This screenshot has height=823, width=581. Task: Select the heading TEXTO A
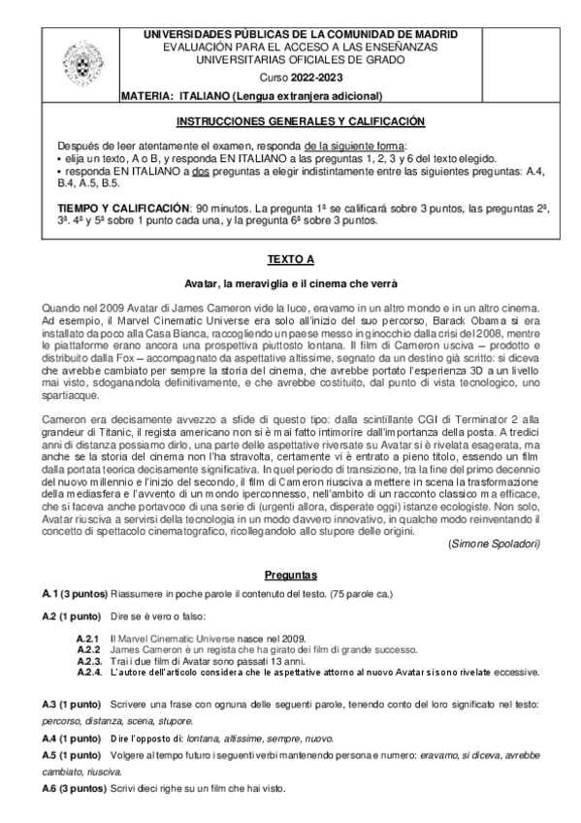(289, 260)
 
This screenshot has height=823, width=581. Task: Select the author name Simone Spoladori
(496, 545)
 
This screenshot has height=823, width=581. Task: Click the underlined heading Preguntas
(289, 575)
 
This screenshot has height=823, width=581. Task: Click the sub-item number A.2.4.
(89, 671)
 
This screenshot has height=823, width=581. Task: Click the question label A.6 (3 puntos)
(74, 789)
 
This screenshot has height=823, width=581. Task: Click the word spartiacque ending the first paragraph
(71, 396)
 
